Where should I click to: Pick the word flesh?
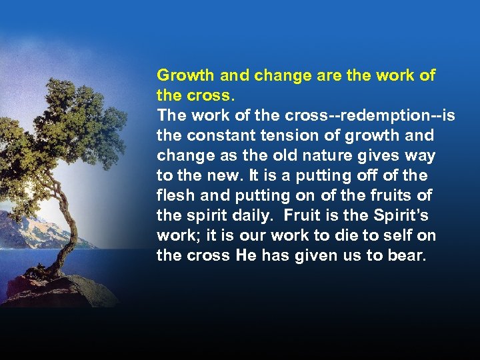174,195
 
